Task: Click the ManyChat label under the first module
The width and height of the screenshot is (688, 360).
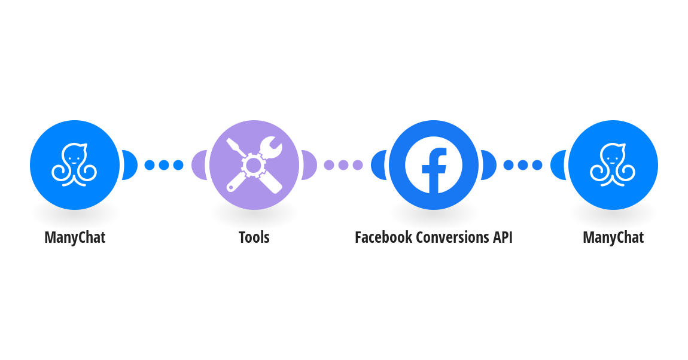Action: pos(75,237)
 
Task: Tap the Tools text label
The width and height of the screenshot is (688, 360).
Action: pos(254,237)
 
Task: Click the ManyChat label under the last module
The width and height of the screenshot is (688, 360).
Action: pos(613,237)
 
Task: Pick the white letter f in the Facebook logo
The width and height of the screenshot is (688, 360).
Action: pos(434,170)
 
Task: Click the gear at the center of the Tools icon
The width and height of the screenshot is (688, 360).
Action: pos(254,165)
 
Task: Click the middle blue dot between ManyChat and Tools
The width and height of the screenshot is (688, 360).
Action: pos(164,165)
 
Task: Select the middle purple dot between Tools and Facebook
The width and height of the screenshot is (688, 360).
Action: pos(343,165)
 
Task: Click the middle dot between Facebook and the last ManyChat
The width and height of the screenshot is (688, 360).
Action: pos(523,165)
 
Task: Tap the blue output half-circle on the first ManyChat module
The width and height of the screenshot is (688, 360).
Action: pos(130,165)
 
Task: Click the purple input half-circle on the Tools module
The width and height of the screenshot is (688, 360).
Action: pos(200,165)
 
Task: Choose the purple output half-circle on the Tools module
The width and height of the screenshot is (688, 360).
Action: pos(309,165)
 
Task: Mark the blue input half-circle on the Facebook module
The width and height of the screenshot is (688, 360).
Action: pos(379,165)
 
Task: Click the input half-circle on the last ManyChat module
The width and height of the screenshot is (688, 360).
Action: pos(559,165)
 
